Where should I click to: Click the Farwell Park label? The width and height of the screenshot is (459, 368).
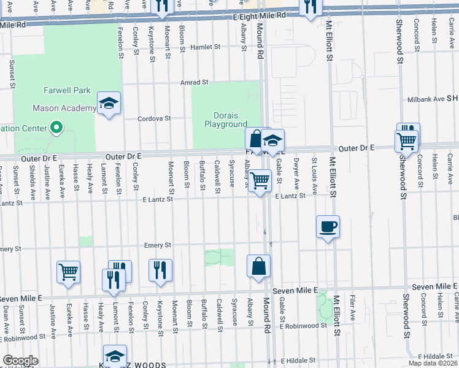coord(67,90)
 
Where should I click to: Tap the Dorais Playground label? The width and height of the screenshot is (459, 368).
coord(225,120)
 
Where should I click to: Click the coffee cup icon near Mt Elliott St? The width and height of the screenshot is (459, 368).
coord(328,226)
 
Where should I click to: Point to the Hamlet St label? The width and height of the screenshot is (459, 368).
coord(205,47)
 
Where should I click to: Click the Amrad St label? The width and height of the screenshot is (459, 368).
coord(195,82)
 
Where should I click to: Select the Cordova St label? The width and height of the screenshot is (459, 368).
coord(153,118)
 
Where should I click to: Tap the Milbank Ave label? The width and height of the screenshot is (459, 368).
coord(426,99)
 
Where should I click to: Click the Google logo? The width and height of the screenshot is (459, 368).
coord(20,361)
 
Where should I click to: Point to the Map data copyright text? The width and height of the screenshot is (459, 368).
coord(433,363)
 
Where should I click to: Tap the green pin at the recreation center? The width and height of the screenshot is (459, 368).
coord(56,128)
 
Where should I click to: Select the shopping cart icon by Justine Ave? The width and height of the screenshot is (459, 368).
coord(68,272)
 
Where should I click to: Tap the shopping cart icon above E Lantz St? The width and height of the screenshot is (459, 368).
coord(260,180)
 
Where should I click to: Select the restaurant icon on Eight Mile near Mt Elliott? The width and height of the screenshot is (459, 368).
coord(310,7)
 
